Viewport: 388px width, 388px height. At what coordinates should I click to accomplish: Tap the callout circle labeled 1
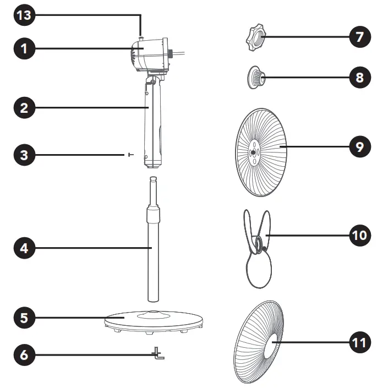[x=24, y=48]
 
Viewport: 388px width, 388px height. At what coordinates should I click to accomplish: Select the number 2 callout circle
[x=24, y=108]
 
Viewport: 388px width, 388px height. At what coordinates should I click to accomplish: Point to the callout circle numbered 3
[x=24, y=155]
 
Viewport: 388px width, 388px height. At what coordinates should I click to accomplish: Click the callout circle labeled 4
[x=24, y=248]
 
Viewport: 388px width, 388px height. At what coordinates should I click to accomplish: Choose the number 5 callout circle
[x=24, y=318]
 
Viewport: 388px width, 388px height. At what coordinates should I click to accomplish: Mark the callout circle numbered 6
[x=24, y=355]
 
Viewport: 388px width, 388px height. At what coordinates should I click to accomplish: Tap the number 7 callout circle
[x=360, y=37]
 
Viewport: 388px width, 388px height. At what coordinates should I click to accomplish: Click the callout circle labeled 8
[x=360, y=78]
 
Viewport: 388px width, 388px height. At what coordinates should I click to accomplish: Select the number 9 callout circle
[x=360, y=147]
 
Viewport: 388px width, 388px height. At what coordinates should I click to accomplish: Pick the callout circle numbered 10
[x=360, y=236]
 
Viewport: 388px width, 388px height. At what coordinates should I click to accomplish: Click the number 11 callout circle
[x=360, y=342]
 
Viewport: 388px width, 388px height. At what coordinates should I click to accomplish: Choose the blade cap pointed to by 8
[x=255, y=78]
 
